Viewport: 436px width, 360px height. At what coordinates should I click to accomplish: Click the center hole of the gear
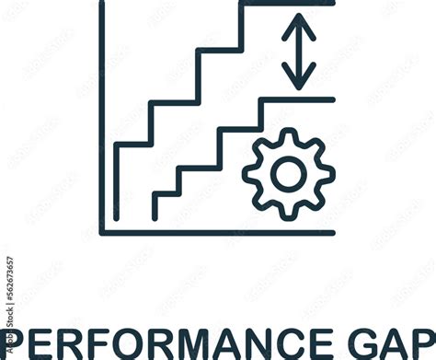pyautogui.click(x=289, y=172)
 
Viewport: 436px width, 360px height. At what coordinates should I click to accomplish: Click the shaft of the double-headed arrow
pyautogui.click(x=299, y=51)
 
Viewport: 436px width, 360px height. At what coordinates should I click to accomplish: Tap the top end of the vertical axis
pyautogui.click(x=102, y=3)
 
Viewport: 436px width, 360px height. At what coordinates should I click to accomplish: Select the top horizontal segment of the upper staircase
pyautogui.click(x=287, y=4)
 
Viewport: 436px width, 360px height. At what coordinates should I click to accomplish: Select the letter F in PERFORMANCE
pyautogui.click(x=86, y=343)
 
